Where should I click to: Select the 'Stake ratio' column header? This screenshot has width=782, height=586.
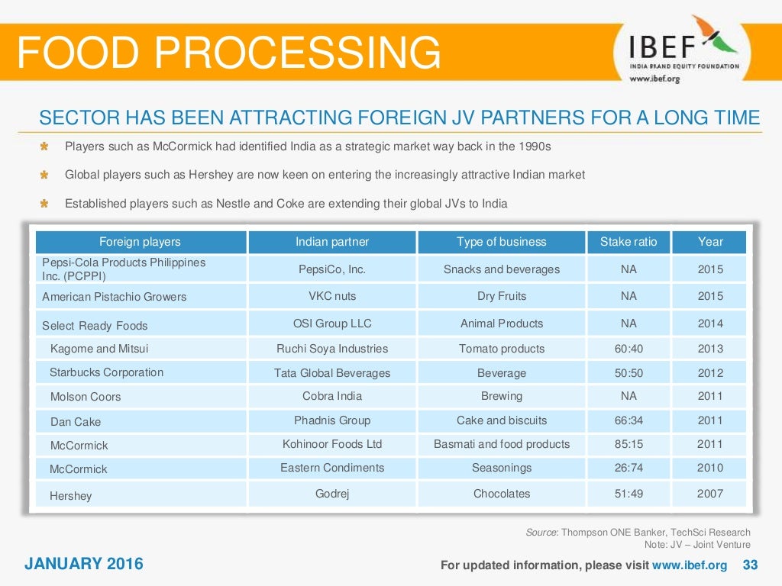click(x=628, y=242)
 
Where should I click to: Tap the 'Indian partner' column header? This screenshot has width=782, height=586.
click(x=332, y=242)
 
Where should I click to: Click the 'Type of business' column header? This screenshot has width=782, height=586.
click(x=501, y=242)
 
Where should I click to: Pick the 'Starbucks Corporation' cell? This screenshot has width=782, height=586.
click(x=106, y=372)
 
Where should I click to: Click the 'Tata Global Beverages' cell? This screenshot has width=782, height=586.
click(x=332, y=373)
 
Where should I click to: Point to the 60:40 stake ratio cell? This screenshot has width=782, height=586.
click(x=628, y=349)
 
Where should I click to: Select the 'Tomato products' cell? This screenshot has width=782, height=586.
click(x=501, y=349)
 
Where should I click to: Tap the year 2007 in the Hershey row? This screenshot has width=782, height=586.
click(x=709, y=494)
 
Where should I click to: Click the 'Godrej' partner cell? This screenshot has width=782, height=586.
click(x=332, y=494)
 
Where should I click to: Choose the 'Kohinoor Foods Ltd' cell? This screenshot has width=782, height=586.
click(x=332, y=444)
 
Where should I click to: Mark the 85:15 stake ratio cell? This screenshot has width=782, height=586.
click(x=628, y=444)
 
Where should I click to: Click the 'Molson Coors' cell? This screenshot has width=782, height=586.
click(x=86, y=397)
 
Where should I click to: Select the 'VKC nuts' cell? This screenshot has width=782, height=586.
click(x=332, y=296)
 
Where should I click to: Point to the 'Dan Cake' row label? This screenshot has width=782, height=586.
click(x=76, y=421)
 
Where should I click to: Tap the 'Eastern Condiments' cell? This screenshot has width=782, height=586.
click(x=332, y=468)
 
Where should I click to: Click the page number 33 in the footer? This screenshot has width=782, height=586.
click(x=751, y=565)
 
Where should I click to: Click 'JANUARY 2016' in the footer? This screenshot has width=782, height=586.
click(x=83, y=565)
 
